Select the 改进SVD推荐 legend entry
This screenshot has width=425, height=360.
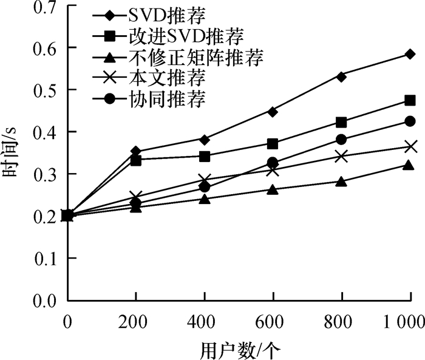coord(168,36)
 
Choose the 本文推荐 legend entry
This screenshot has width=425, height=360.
coord(149,78)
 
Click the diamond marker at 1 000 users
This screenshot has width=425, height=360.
coord(410,54)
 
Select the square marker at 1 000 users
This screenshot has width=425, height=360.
coord(410,101)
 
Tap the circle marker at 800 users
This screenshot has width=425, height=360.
coord(341,140)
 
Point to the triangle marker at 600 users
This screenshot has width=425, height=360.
coord(273,189)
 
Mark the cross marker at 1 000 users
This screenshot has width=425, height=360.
coord(410,146)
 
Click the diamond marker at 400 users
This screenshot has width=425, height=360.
coord(205,140)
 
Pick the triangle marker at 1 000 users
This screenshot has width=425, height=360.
coord(409,165)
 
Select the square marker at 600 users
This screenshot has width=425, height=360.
coord(273,144)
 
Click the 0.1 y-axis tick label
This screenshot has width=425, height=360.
coord(46,259)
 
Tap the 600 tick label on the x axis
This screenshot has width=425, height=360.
coord(270,322)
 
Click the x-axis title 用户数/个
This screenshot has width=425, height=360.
coord(240,350)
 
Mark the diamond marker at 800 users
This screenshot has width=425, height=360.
coord(341,76)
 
